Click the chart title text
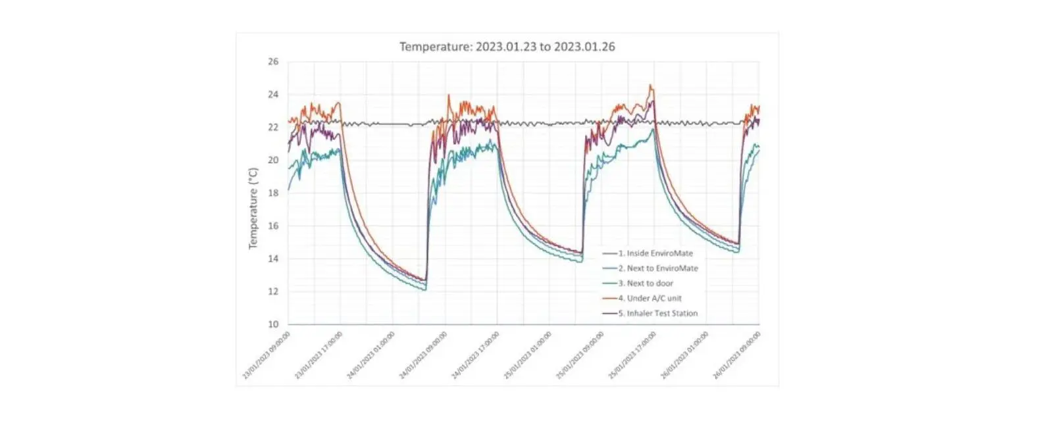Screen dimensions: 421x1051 (507, 47)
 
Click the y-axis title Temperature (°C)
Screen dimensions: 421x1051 (253, 208)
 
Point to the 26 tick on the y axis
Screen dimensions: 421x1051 (272, 62)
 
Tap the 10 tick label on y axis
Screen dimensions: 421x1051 (272, 324)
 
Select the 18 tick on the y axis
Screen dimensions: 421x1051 (272, 193)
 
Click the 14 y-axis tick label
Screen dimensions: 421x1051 (272, 259)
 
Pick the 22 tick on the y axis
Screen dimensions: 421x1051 (272, 128)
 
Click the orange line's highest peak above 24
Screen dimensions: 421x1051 (650, 85)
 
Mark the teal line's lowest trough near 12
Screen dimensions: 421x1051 (425, 289)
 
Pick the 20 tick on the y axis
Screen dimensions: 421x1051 (272, 161)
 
